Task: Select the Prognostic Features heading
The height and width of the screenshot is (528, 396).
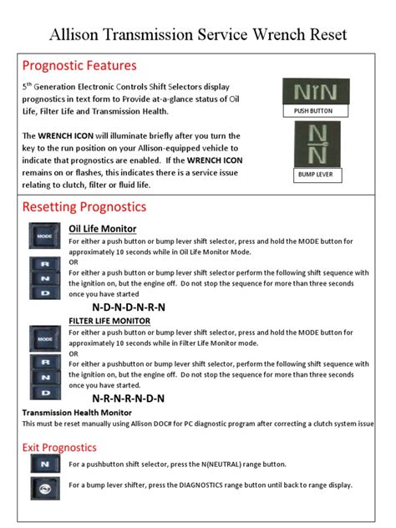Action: [79, 65]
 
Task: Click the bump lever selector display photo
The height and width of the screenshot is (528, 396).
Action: [313, 144]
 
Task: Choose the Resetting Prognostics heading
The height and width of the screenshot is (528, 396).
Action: [84, 206]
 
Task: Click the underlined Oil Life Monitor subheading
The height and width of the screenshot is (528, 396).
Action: [103, 228]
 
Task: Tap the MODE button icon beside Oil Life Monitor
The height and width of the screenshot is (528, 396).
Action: [44, 237]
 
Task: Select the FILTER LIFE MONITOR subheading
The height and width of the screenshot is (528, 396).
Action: [109, 321]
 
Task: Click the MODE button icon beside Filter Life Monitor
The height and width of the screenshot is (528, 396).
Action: [44, 338]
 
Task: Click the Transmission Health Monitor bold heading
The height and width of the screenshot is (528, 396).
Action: [77, 413]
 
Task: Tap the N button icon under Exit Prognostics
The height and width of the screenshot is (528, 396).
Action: [44, 465]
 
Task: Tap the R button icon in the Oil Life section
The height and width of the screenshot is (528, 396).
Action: [44, 265]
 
